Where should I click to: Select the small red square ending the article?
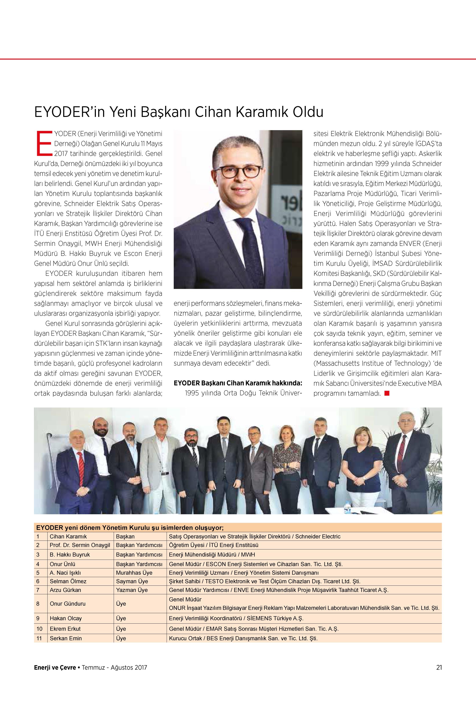tap(387, 393)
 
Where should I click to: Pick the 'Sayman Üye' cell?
tap(132, 581)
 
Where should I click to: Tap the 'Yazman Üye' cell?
tap(132, 590)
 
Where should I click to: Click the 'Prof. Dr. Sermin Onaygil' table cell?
tap(80, 545)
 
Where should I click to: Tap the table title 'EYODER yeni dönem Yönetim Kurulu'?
tap(130, 528)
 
